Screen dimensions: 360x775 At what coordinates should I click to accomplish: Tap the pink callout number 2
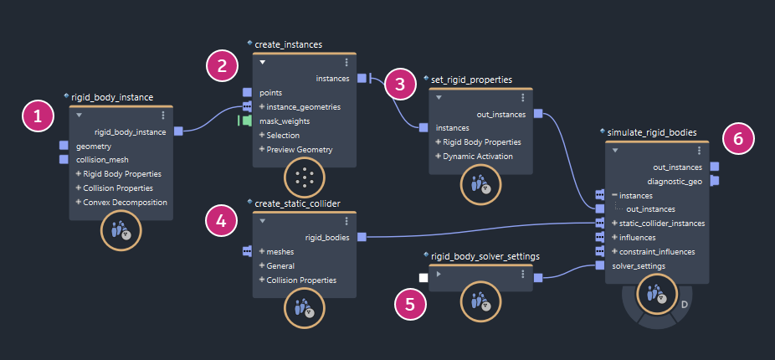[x=222, y=67]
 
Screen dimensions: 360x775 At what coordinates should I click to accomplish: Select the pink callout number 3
[x=400, y=83]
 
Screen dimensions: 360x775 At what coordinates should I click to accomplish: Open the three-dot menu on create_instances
[x=346, y=62]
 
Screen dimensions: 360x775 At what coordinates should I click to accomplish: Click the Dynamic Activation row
[x=479, y=157]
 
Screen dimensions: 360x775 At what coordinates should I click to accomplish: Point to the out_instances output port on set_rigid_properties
[x=538, y=114]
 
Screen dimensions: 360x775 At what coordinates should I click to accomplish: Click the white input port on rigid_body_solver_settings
[x=423, y=277]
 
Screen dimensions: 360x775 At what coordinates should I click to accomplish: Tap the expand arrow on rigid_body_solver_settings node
[x=439, y=274]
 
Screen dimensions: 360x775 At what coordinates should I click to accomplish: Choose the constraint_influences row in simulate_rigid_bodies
[x=656, y=251]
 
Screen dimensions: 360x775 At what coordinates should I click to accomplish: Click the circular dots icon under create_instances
[x=305, y=177]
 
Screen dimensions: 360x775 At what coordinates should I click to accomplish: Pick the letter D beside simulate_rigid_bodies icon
[x=684, y=302]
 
